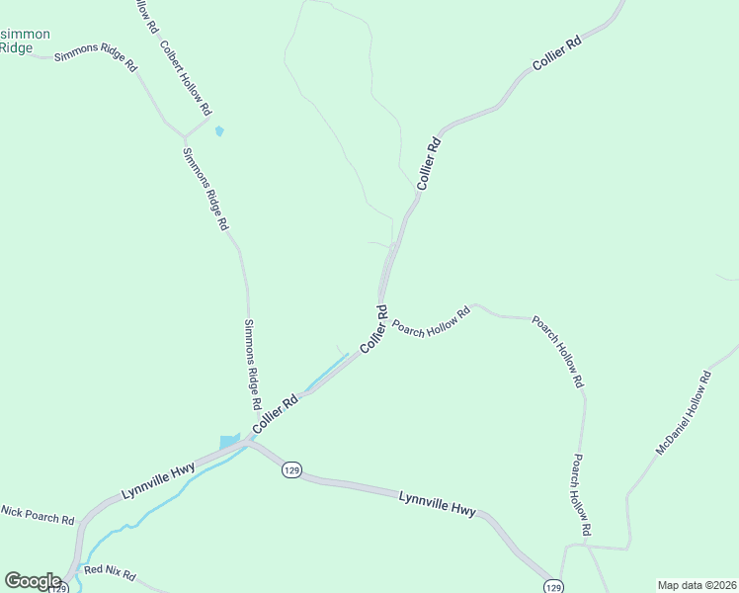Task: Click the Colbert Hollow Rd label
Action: pos(186,78)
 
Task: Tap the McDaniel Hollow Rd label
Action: pos(684,413)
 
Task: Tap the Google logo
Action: pos(33,581)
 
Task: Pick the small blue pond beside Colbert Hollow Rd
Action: pos(219,130)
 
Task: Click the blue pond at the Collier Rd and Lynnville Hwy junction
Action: pos(229,440)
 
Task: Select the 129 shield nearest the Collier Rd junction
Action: pos(290,468)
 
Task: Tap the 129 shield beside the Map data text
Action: pos(554,585)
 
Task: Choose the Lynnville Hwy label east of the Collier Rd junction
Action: pos(437,503)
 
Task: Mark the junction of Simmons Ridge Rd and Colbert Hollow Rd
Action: pos(184,136)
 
